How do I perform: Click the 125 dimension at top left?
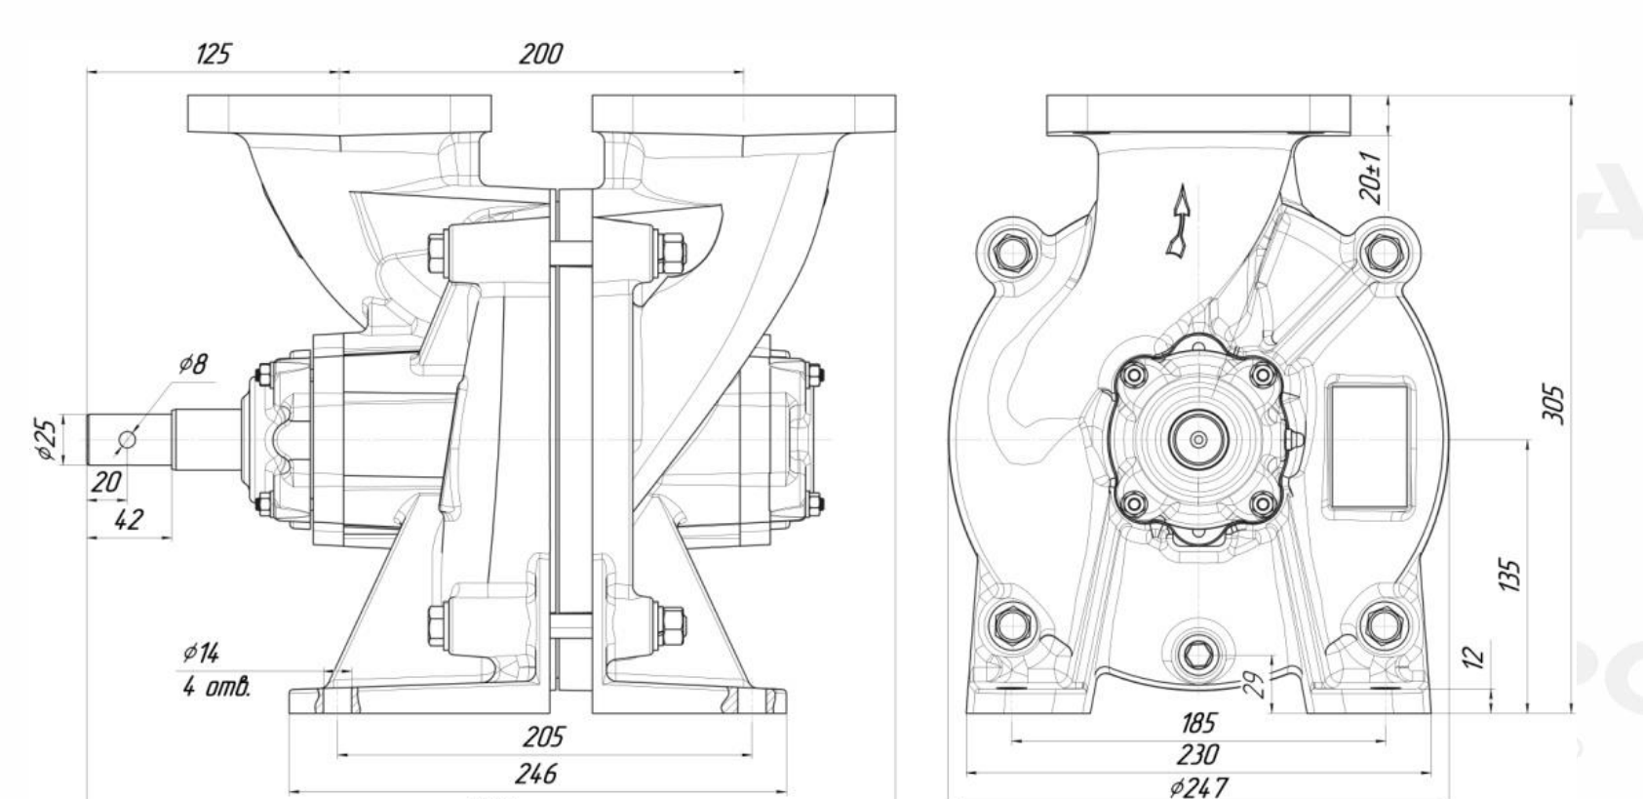coord(213,55)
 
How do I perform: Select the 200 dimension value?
coord(540,55)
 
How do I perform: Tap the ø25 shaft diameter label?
coord(46,439)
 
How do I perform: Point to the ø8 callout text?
coord(194,364)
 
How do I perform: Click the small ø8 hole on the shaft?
coord(127,439)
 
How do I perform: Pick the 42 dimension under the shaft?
coord(129,520)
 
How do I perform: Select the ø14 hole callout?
coord(201,653)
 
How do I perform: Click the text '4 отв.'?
coord(216,688)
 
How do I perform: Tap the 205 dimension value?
coord(543,737)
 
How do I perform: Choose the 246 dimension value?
coord(535,774)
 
